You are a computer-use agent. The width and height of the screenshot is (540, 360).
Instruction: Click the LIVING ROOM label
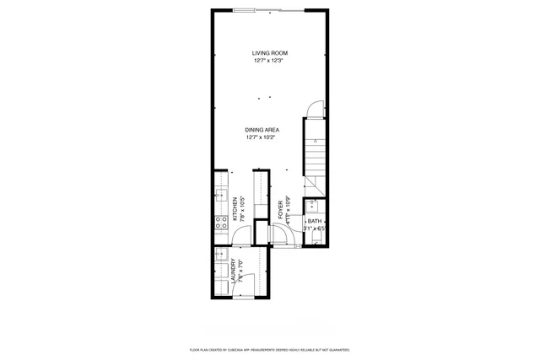pyautogui.click(x=269, y=53)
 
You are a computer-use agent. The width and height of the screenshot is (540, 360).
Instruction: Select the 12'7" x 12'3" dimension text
pyautogui.click(x=269, y=61)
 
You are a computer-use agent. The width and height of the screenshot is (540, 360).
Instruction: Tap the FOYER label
pyautogui.click(x=280, y=210)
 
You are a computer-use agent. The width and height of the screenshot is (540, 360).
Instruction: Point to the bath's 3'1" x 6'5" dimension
pyautogui.click(x=314, y=228)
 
